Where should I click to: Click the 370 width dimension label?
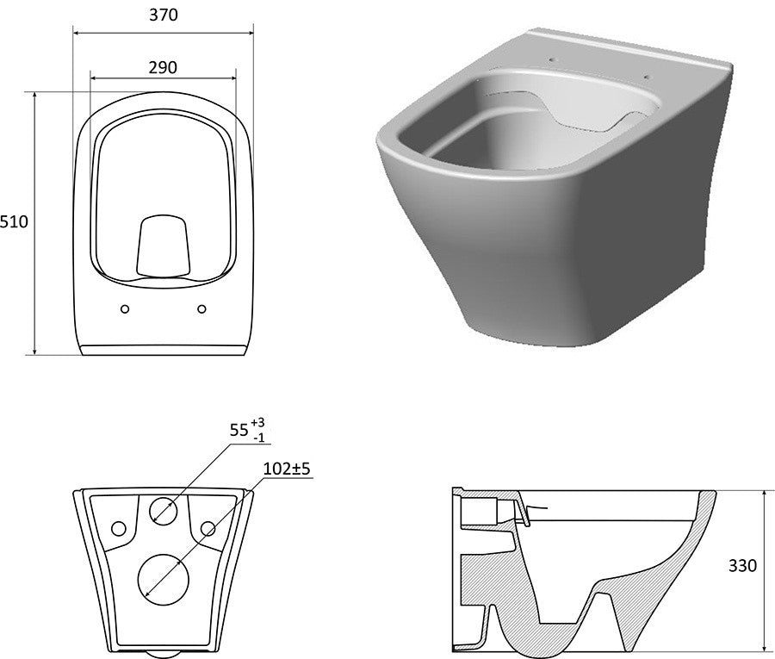tap(163, 15)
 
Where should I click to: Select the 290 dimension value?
tap(163, 67)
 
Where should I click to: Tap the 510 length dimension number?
tap(14, 222)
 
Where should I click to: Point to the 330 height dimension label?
tap(742, 566)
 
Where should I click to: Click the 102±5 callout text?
tap(287, 468)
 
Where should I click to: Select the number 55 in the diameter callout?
tap(239, 430)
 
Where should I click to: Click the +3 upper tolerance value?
tap(257, 423)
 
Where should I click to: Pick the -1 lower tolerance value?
tap(258, 438)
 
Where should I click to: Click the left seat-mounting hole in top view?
tap(125, 309)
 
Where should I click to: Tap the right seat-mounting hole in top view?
tap(201, 309)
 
